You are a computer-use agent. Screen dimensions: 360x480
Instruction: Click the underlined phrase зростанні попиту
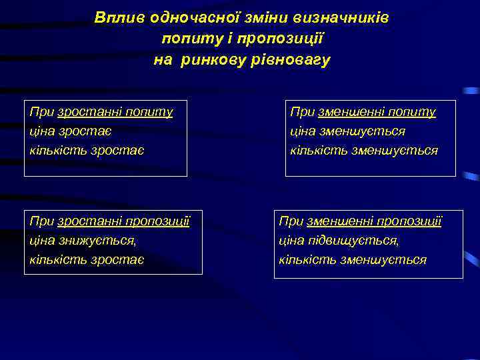[x=115, y=112]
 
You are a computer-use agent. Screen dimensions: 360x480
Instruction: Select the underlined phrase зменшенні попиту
[x=378, y=112]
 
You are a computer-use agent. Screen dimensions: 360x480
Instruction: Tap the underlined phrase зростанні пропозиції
[x=124, y=221]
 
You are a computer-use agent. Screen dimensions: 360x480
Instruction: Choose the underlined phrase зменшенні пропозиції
[x=374, y=221]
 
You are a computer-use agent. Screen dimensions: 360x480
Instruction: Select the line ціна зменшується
[x=347, y=131]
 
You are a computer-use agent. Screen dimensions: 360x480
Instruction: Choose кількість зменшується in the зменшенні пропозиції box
[x=352, y=259]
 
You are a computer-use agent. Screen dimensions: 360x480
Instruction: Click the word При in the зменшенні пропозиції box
[x=291, y=221]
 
